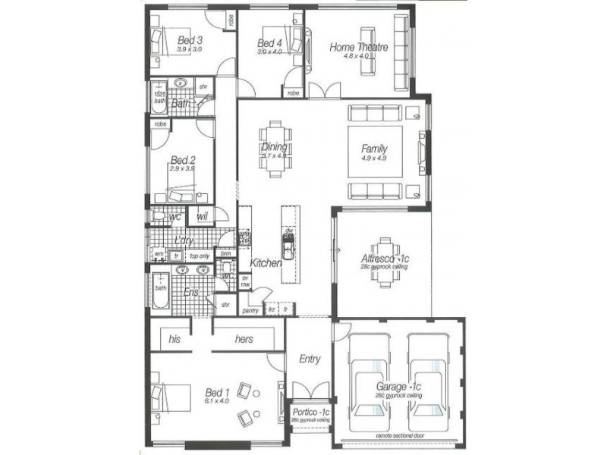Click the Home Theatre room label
click(359, 47)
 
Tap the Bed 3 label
click(190, 40)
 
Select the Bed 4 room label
click(269, 42)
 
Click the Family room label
click(375, 149)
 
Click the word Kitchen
click(266, 262)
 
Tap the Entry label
click(310, 359)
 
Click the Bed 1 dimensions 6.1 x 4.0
click(217, 401)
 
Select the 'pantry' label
click(250, 310)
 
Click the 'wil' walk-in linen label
click(202, 217)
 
